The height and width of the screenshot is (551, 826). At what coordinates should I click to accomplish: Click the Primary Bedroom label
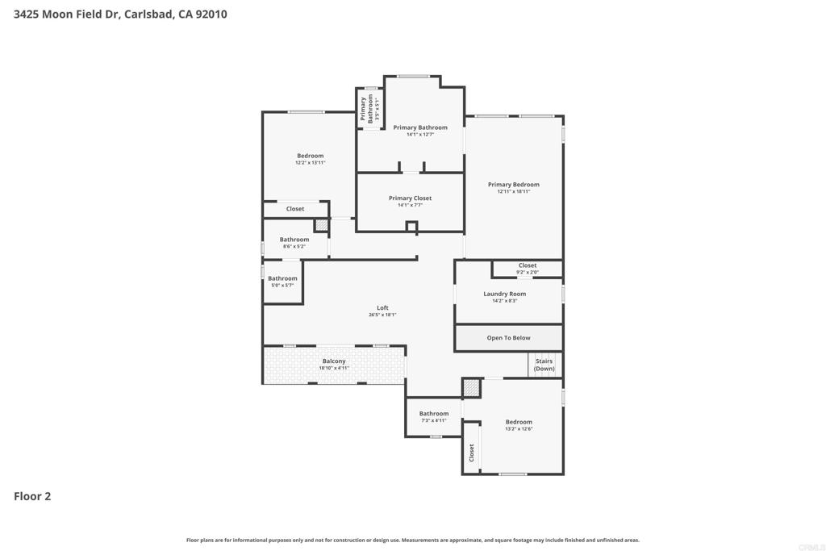pos(514,185)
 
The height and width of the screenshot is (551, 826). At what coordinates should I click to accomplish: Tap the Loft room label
pos(382,307)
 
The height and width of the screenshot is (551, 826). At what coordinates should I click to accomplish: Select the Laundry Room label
pos(505,294)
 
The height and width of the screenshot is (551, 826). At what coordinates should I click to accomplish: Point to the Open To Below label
pos(508,338)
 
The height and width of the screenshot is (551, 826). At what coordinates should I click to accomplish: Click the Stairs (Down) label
pos(544,365)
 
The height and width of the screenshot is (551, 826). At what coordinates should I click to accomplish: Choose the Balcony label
pos(334,361)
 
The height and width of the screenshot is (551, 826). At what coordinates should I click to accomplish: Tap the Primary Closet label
pos(410,198)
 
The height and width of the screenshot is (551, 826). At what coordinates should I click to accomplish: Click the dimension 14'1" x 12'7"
pos(419,135)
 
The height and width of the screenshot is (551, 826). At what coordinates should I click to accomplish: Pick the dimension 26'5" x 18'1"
pos(382,315)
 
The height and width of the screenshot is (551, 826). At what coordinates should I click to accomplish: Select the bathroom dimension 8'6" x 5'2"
pos(294,247)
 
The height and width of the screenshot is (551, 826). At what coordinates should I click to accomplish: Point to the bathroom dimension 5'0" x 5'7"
pos(282,286)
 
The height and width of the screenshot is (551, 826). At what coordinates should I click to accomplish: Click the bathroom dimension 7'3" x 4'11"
pos(433,420)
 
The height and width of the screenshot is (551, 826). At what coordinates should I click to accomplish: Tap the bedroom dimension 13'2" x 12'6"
pos(519,429)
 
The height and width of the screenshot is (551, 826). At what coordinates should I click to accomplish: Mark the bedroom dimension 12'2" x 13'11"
pos(311,163)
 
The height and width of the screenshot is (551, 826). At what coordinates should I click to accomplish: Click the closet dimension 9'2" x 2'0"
pos(528,273)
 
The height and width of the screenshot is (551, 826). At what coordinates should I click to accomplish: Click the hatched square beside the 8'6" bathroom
pos(321,225)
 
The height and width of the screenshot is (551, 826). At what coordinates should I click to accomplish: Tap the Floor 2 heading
pos(32,496)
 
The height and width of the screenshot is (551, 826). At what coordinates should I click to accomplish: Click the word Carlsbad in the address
pos(148,15)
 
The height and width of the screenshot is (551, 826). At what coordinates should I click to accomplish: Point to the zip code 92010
pos(211,15)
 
